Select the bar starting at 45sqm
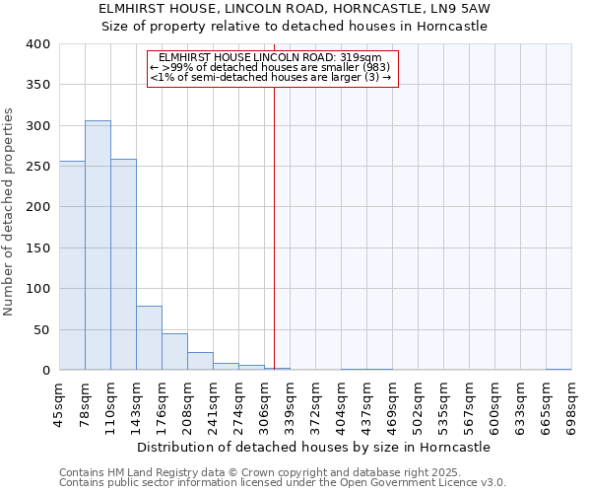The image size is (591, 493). pyautogui.click(x=72, y=265)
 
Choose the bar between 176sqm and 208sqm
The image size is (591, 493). pyautogui.click(x=174, y=352)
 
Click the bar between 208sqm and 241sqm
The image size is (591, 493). pyautogui.click(x=200, y=361)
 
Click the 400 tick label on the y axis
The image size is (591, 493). pyautogui.click(x=37, y=44)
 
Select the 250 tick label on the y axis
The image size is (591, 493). pyautogui.click(x=37, y=167)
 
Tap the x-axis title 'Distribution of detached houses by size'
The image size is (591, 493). pyautogui.click(x=312, y=447)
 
